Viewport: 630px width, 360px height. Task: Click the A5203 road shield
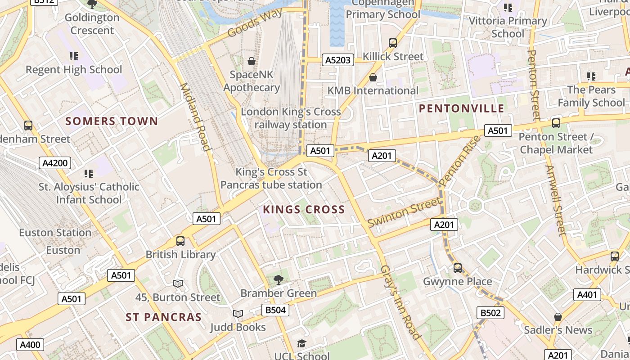[337, 60]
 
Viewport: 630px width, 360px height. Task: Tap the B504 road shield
[275, 310]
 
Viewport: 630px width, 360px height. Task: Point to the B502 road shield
[490, 313]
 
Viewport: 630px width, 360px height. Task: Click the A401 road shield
[587, 295]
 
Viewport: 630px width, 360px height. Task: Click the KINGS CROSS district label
[304, 209]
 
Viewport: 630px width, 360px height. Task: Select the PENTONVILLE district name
[462, 108]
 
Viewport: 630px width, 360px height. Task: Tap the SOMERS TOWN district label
[112, 121]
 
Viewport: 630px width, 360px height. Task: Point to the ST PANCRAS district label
[164, 317]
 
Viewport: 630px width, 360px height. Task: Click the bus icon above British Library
[180, 241]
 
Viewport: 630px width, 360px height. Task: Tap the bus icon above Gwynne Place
[458, 268]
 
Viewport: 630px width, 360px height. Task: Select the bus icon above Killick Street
[393, 43]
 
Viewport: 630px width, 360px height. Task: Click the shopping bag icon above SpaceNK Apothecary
[252, 61]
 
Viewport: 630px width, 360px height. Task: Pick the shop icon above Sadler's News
[558, 317]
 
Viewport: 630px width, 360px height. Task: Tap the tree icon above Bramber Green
[279, 280]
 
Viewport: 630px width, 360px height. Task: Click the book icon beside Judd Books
[238, 314]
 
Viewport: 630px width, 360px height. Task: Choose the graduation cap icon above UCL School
[301, 344]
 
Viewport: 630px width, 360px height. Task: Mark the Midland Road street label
[195, 117]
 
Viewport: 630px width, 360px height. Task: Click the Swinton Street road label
[404, 212]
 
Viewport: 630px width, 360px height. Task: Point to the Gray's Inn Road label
[400, 302]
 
